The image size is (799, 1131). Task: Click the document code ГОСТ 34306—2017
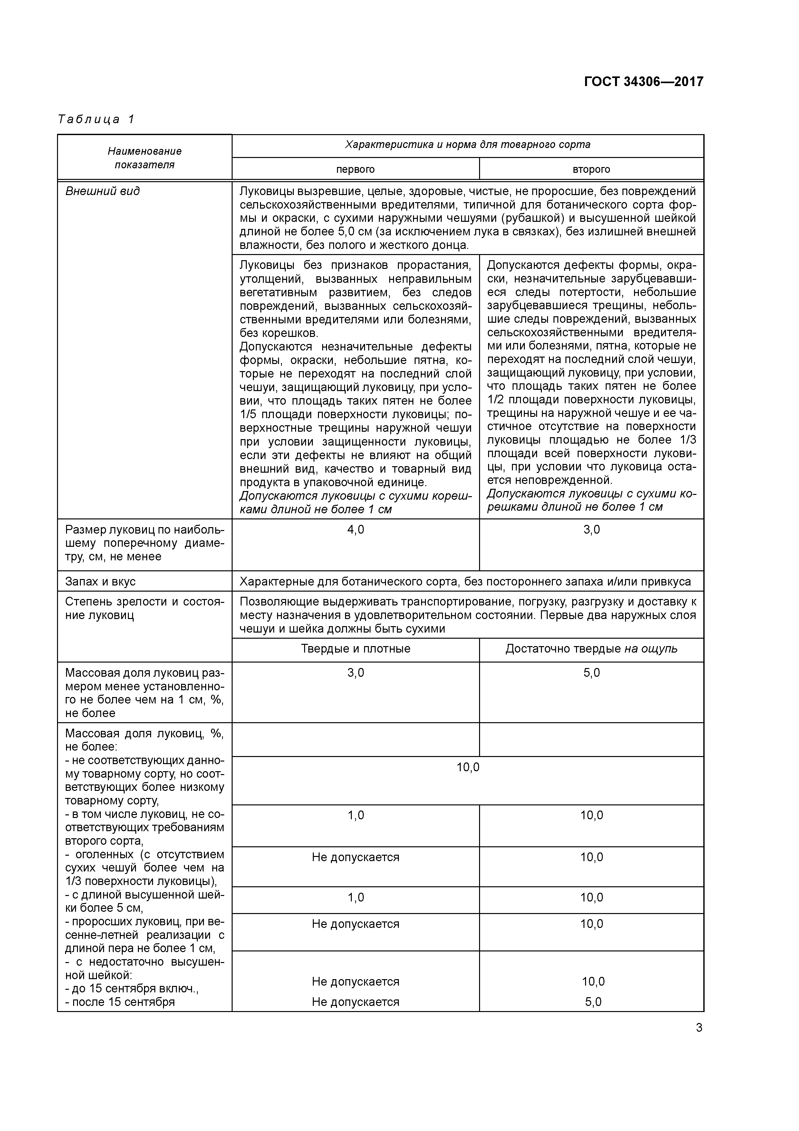(643, 81)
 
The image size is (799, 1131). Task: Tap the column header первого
(355, 170)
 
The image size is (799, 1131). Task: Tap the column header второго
(591, 170)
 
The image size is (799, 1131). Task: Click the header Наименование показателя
(144, 158)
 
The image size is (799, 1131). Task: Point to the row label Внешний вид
(102, 191)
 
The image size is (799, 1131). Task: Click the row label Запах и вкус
(101, 582)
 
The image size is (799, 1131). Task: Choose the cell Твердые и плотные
(355, 649)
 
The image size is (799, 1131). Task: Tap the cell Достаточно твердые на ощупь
(591, 649)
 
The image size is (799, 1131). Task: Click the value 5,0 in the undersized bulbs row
(591, 673)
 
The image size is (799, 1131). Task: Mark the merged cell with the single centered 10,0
(468, 767)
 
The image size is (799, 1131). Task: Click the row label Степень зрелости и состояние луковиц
(144, 608)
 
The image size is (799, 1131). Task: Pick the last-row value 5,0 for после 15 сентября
(593, 1002)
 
